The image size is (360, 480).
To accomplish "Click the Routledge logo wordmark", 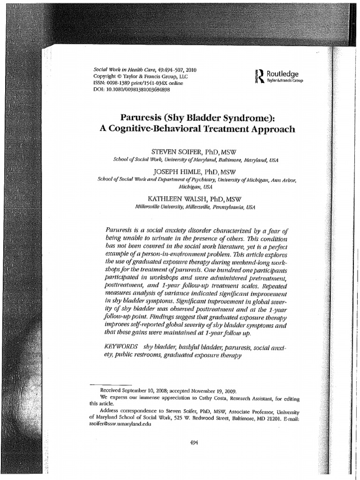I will click(x=282, y=74).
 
